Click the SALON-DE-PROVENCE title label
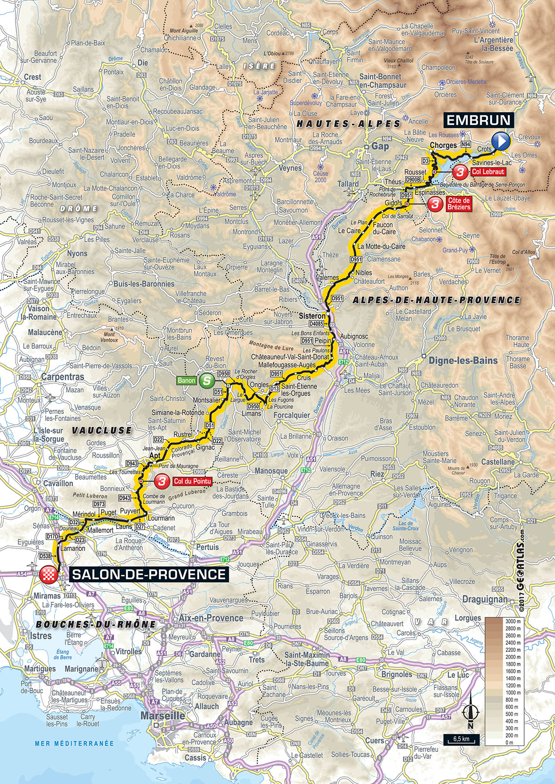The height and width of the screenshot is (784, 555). coord(148,574)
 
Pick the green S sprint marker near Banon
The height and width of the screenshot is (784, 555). coord(206,380)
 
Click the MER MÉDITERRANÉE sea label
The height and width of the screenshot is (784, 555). coord(74,744)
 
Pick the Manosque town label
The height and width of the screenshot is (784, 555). coord(271,471)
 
